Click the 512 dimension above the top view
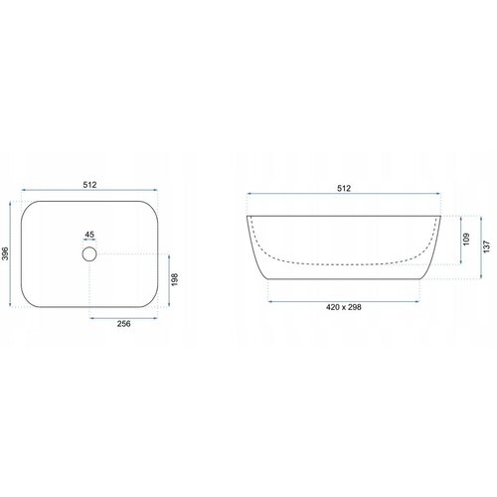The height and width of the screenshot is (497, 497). click(x=89, y=185)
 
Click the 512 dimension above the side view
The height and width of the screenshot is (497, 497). click(x=344, y=188)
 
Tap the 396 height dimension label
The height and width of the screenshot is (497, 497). click(x=6, y=253)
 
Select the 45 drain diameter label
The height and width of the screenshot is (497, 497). click(x=89, y=235)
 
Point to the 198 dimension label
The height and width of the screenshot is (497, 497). click(x=175, y=279)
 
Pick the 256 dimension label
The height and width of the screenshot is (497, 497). click(x=124, y=324)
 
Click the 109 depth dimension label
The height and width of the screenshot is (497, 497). click(x=466, y=240)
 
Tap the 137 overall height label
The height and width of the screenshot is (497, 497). click(x=486, y=247)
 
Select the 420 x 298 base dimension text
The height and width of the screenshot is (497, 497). click(x=344, y=307)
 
